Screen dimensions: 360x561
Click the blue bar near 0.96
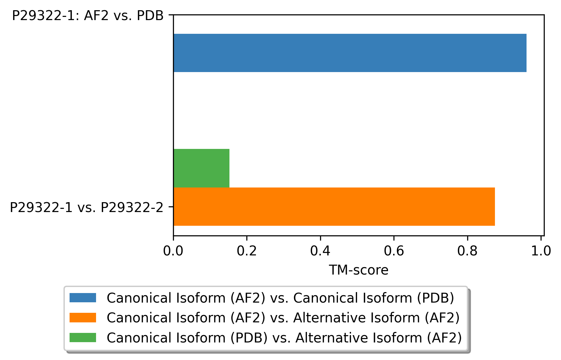pyautogui.click(x=350, y=53)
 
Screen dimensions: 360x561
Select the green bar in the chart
pyautogui.click(x=201, y=168)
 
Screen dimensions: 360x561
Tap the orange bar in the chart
pyautogui.click(x=334, y=207)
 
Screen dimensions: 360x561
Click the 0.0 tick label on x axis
pyautogui.click(x=173, y=251)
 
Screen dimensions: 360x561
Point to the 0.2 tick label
pyautogui.click(x=247, y=251)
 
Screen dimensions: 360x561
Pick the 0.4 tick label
pyautogui.click(x=320, y=251)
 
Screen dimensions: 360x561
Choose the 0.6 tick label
pyautogui.click(x=394, y=251)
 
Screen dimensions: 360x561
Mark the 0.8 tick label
pyautogui.click(x=467, y=251)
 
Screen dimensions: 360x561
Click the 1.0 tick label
pyautogui.click(x=541, y=251)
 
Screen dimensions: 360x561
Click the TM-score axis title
pyautogui.click(x=359, y=270)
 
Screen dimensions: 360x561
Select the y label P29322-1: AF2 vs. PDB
pyautogui.click(x=88, y=16)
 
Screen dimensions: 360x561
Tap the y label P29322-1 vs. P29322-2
pyautogui.click(x=86, y=208)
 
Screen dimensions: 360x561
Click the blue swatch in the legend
pyautogui.click(x=83, y=298)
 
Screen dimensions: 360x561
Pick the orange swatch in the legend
pyautogui.click(x=83, y=318)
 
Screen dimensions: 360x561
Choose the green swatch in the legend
pyautogui.click(x=83, y=337)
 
